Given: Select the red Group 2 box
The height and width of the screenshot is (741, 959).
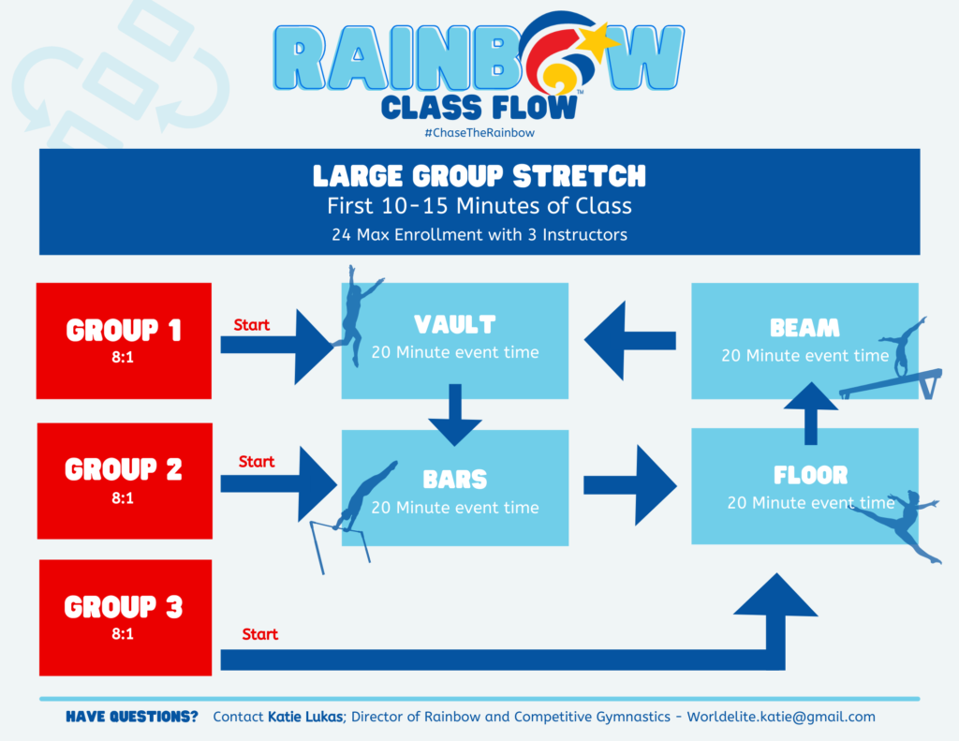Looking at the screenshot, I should point(124,481).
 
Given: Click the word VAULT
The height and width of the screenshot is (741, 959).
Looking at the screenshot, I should point(454,325).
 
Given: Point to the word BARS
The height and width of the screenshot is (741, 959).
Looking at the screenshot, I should point(455,480).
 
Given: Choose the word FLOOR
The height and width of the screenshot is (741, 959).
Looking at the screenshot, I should point(810,475).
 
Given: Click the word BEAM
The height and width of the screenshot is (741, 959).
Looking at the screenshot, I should point(804,328).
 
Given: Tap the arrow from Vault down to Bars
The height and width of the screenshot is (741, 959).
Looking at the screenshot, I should point(456,412).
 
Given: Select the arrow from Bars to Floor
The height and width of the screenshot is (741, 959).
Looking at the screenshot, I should point(629,484).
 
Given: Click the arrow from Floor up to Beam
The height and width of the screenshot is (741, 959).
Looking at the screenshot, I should point(810,412).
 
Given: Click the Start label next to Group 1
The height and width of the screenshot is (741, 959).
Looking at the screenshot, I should point(252,325).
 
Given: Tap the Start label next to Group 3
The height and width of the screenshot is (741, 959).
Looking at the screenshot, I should point(260,634).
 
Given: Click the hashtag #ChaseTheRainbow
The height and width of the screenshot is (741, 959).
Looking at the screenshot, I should point(479,133).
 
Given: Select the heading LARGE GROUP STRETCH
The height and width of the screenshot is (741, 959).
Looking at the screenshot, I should point(479,175).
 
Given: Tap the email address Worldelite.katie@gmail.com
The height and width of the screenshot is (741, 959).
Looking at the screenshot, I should point(781,717).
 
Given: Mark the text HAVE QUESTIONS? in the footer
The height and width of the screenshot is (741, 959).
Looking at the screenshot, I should point(132,717).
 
